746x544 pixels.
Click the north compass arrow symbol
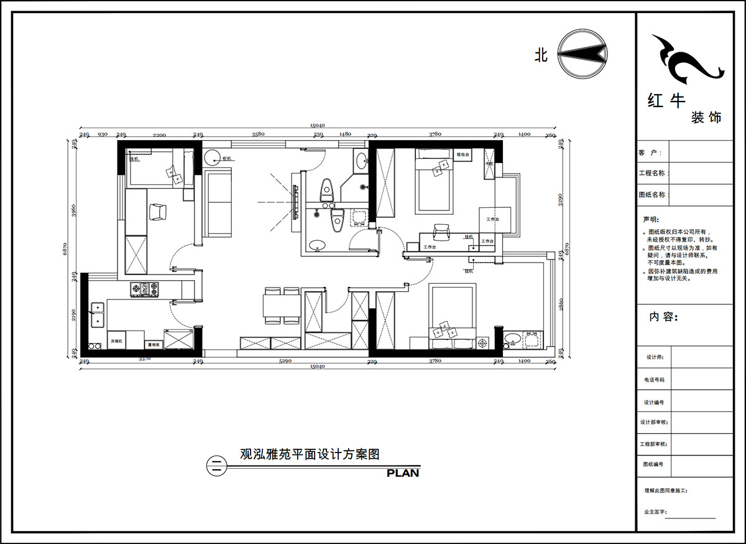(x=583, y=54)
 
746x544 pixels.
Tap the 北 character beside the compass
(x=541, y=55)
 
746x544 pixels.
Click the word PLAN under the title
(x=402, y=473)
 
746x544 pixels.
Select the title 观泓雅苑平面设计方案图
(x=310, y=454)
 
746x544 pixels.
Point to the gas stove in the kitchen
(x=144, y=289)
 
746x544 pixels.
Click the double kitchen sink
(x=97, y=314)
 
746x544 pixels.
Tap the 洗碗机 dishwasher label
(x=117, y=341)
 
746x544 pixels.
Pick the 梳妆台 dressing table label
(x=462, y=154)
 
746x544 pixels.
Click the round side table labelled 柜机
(x=211, y=158)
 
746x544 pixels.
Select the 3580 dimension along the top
(x=258, y=134)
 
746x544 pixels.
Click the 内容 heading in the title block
(x=662, y=317)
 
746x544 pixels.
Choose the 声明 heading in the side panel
(x=650, y=220)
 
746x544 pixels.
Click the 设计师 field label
(x=655, y=357)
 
